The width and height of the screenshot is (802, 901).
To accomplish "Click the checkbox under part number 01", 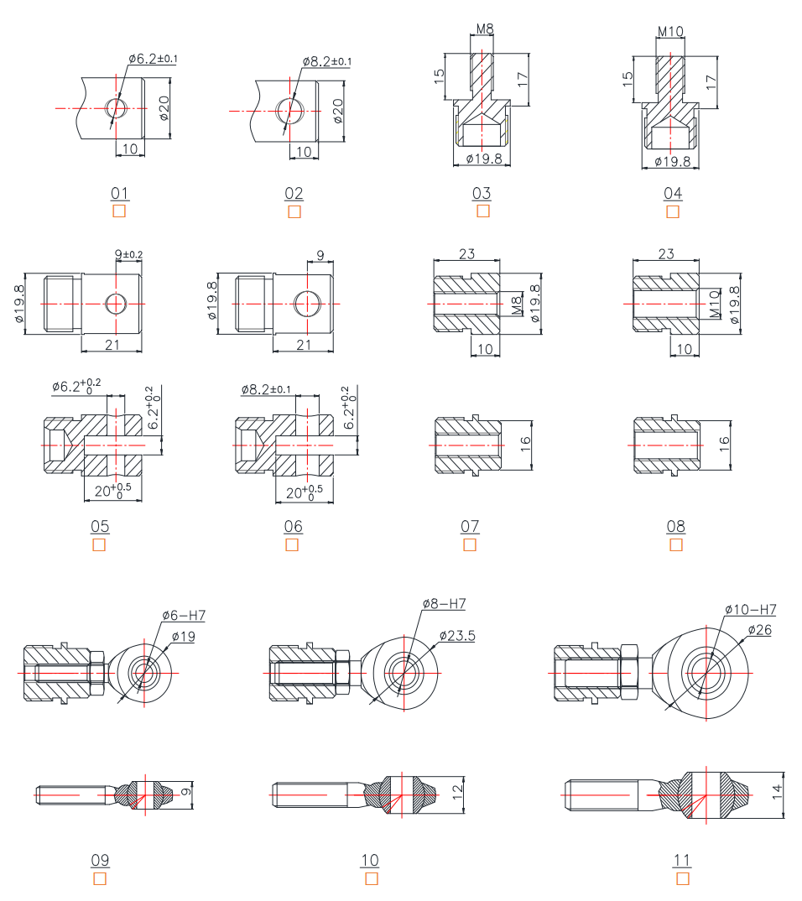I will tap(119, 211).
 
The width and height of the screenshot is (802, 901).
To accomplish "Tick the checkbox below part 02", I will tap(294, 211).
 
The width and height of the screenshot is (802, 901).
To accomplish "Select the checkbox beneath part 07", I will tap(470, 545).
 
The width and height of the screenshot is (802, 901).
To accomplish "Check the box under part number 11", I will tap(683, 878).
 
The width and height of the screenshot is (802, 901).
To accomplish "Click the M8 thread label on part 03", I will tap(485, 29).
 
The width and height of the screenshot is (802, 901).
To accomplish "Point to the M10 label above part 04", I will tap(670, 32).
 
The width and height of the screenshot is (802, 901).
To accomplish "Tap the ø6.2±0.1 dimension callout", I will tap(153, 59).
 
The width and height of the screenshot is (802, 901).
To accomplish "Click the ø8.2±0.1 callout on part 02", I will tap(327, 61).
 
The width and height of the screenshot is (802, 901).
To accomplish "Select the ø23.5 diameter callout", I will tap(456, 636).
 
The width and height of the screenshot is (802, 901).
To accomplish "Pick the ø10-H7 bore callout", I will tap(750, 609).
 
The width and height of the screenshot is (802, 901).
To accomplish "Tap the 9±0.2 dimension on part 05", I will tap(128, 253).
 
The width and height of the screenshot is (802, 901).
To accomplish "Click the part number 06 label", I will tap(293, 527).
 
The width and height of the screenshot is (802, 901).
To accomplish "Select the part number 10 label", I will tap(370, 860).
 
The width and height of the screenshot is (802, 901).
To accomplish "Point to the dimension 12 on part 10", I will tap(456, 789).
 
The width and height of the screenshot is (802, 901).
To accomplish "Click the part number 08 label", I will tap(675, 527).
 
